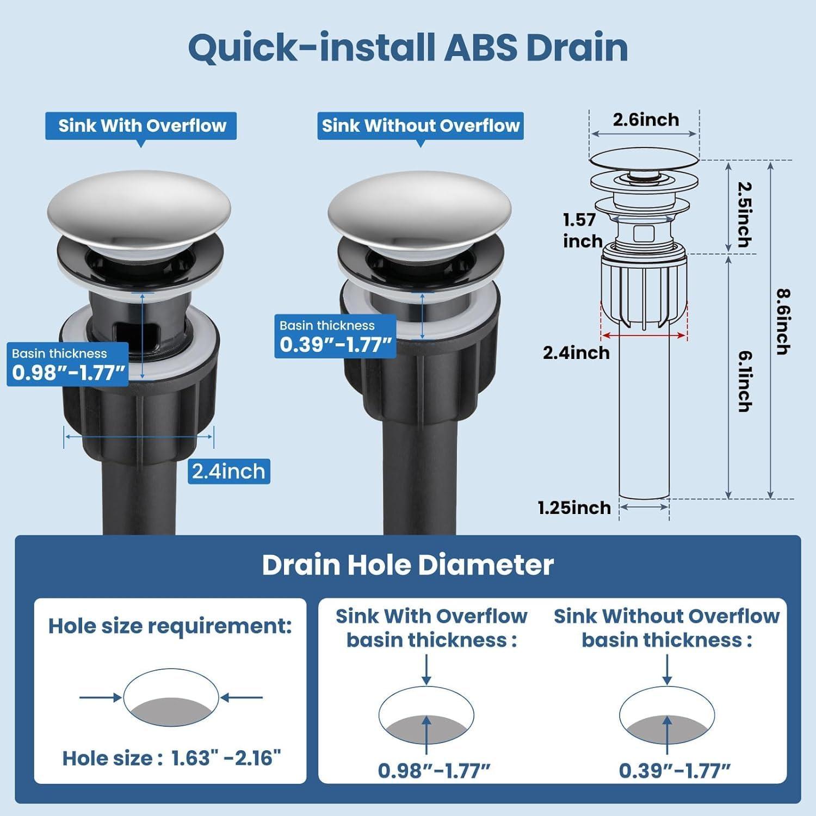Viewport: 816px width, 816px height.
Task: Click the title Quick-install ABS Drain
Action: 408,48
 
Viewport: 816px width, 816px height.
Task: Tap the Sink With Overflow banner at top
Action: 141,126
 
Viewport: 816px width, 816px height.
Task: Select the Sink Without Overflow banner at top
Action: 421,126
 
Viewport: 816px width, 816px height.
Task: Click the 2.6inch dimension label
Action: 646,120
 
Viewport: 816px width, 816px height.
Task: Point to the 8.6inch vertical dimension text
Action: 783,322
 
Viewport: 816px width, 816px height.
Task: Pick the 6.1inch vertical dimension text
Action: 745,381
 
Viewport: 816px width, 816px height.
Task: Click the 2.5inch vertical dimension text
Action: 745,214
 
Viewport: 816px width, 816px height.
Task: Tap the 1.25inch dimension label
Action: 574,508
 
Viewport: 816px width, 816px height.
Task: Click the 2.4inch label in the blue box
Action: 228,471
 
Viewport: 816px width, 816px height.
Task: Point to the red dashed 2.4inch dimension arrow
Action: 644,336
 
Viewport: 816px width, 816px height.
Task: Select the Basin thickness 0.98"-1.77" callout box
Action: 67,364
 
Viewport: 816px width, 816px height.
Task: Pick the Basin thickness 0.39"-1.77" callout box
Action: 335,337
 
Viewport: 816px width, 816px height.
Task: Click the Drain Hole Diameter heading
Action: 407,565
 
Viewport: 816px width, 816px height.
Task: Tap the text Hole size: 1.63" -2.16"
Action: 171,758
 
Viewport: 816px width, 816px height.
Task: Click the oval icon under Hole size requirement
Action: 171,697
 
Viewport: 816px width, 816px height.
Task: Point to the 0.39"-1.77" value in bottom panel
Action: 674,770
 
